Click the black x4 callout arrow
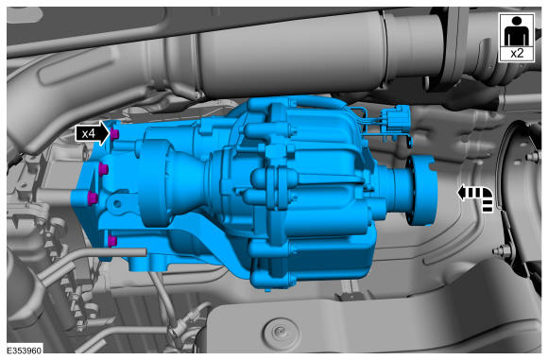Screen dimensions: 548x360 point(93,133)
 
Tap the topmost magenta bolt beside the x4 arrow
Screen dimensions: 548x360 point(114,133)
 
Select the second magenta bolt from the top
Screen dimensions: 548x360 point(103,170)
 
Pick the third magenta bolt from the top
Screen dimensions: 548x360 point(93,198)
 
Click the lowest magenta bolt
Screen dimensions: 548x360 point(112,241)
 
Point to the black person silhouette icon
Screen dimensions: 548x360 point(517,31)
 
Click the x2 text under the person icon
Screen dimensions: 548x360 point(517,54)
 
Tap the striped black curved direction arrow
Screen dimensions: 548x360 point(476,198)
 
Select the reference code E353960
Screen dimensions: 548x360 point(25,350)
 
